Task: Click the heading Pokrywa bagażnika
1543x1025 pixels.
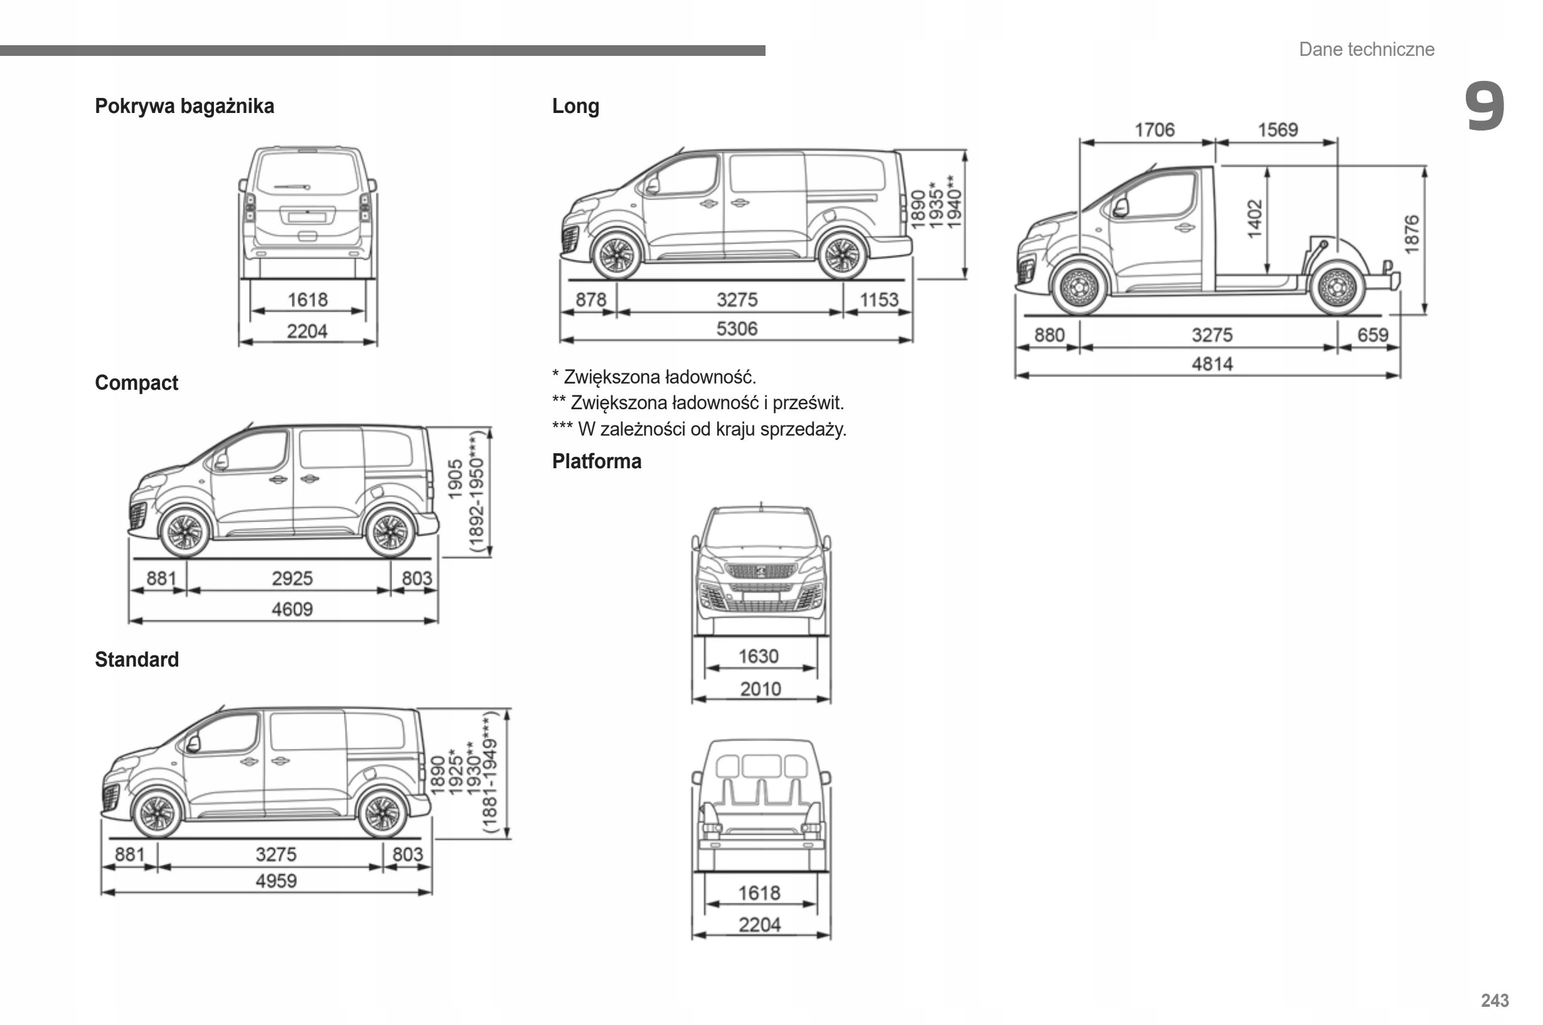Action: (184, 106)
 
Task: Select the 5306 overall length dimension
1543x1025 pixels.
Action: (737, 328)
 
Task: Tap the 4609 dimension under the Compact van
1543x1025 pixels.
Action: (292, 609)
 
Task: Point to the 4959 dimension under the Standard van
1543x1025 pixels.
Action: (276, 881)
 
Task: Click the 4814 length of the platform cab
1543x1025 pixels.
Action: (1212, 363)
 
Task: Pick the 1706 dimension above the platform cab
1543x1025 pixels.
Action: (1154, 129)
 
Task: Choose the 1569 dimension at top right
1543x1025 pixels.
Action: (1278, 129)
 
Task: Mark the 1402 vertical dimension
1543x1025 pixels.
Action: (1254, 219)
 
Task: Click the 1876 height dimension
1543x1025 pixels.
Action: (1411, 234)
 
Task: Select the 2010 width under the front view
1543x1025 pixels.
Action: (760, 689)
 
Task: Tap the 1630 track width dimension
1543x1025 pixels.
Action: (758, 656)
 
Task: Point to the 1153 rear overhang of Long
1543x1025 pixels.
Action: (879, 299)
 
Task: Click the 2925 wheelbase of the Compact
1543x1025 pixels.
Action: (292, 578)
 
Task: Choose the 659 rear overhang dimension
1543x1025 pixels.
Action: (1372, 335)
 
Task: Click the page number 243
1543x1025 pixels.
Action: (1495, 1000)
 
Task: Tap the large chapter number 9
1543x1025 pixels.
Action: (1484, 106)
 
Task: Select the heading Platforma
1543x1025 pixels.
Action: (597, 461)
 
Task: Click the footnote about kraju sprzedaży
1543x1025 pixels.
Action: (699, 429)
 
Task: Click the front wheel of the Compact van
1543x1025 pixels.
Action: (185, 532)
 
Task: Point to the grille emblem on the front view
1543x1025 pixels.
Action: (761, 571)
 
